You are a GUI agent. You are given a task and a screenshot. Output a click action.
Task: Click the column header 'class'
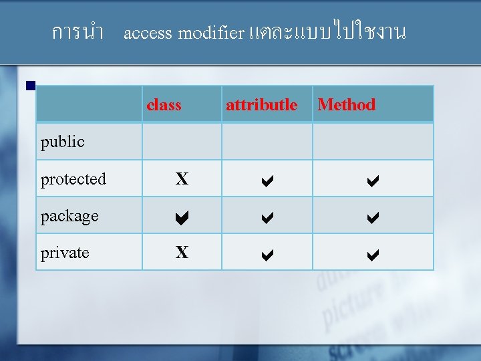coord(164,105)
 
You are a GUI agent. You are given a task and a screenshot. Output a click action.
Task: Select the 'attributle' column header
coord(261,105)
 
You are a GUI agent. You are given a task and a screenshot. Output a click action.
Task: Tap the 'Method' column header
coord(346,105)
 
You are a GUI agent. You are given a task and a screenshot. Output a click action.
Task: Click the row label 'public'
coord(63,142)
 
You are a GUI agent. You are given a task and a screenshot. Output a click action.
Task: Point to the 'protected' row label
coord(73,179)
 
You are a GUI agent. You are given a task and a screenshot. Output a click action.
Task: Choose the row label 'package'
coord(69,216)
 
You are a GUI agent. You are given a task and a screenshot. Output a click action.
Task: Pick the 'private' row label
coord(65,253)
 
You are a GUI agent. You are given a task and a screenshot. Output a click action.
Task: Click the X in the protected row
coord(182,178)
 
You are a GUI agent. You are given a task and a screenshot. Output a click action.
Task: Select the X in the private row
coord(182,252)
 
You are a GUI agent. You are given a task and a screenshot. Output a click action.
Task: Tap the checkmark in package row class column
coord(182,216)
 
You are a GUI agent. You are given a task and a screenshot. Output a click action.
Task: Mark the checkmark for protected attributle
coord(267,179)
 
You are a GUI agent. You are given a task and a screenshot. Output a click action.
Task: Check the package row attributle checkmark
coord(267,216)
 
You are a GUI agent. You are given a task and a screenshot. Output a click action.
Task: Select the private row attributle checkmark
coord(267,253)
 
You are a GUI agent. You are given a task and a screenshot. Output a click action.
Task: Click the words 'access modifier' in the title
coord(184,33)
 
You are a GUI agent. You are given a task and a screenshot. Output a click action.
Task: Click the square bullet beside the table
coord(30,86)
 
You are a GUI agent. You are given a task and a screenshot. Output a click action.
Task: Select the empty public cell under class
coord(182,141)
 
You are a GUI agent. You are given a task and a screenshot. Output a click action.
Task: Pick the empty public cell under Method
coord(373,141)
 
